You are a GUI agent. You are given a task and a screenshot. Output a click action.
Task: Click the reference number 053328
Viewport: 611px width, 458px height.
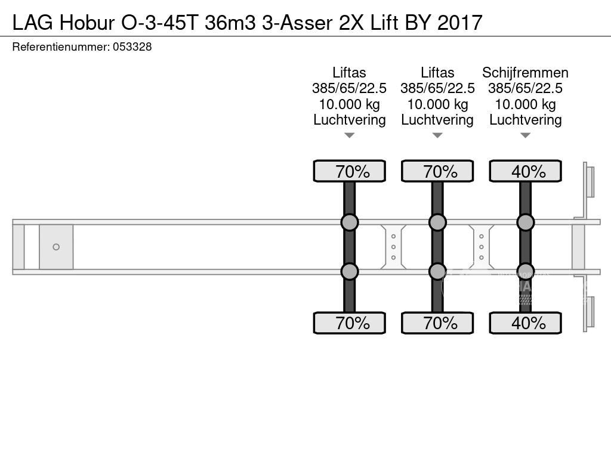click(132, 47)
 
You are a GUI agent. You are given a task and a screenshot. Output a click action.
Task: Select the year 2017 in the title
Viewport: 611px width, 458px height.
click(459, 22)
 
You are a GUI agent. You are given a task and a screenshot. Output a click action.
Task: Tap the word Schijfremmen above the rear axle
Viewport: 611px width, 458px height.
click(525, 73)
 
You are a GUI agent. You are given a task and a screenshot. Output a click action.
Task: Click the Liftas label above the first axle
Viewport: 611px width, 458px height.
click(349, 73)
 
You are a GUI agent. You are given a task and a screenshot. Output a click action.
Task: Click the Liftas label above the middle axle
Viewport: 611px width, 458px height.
click(437, 73)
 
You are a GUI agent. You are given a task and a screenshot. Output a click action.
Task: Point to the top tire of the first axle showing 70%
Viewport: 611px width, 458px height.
click(349, 171)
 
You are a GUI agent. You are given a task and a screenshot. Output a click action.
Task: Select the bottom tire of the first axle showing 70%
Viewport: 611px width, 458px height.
click(349, 323)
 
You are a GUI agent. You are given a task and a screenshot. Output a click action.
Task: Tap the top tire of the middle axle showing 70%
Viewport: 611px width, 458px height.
click(437, 171)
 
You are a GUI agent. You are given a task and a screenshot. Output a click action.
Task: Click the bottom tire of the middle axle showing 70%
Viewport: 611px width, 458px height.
click(437, 323)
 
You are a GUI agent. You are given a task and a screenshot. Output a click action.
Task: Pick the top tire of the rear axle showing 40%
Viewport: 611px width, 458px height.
click(525, 171)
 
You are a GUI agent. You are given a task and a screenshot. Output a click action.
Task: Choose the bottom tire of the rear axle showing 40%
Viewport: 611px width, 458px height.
click(525, 323)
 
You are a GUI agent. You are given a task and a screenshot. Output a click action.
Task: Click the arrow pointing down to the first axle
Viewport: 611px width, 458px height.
click(349, 136)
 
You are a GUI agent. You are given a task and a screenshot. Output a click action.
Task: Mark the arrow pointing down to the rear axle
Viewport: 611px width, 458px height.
click(525, 136)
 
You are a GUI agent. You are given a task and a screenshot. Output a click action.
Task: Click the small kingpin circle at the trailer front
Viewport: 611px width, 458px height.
click(56, 247)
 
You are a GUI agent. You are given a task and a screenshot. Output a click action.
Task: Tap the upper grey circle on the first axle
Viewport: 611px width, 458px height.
click(349, 222)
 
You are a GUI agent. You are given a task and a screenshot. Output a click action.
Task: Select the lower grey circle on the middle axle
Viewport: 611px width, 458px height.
click(437, 271)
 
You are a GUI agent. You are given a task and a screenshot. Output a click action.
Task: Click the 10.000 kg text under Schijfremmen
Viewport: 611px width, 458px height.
click(525, 104)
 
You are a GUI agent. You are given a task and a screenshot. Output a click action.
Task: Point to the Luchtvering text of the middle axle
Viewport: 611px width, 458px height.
click(437, 120)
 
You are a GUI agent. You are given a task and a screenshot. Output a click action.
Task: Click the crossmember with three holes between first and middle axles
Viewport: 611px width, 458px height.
click(393, 247)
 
